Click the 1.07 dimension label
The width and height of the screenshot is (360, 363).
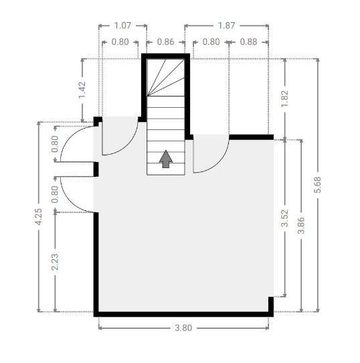pos(122,25)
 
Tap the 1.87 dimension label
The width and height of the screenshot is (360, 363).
pos(226,25)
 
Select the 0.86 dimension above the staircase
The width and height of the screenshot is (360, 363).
pos(165,42)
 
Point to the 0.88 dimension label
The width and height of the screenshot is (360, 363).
pos(248,42)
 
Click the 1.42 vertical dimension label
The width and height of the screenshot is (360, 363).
pos(82,90)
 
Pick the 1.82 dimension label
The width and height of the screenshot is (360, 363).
pos(284,99)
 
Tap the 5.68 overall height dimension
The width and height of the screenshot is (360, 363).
pos(317,185)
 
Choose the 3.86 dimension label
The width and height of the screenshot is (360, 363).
pos(301,226)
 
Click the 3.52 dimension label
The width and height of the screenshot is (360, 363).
pos(284,218)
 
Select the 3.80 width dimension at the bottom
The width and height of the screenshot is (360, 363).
pos(183,328)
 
